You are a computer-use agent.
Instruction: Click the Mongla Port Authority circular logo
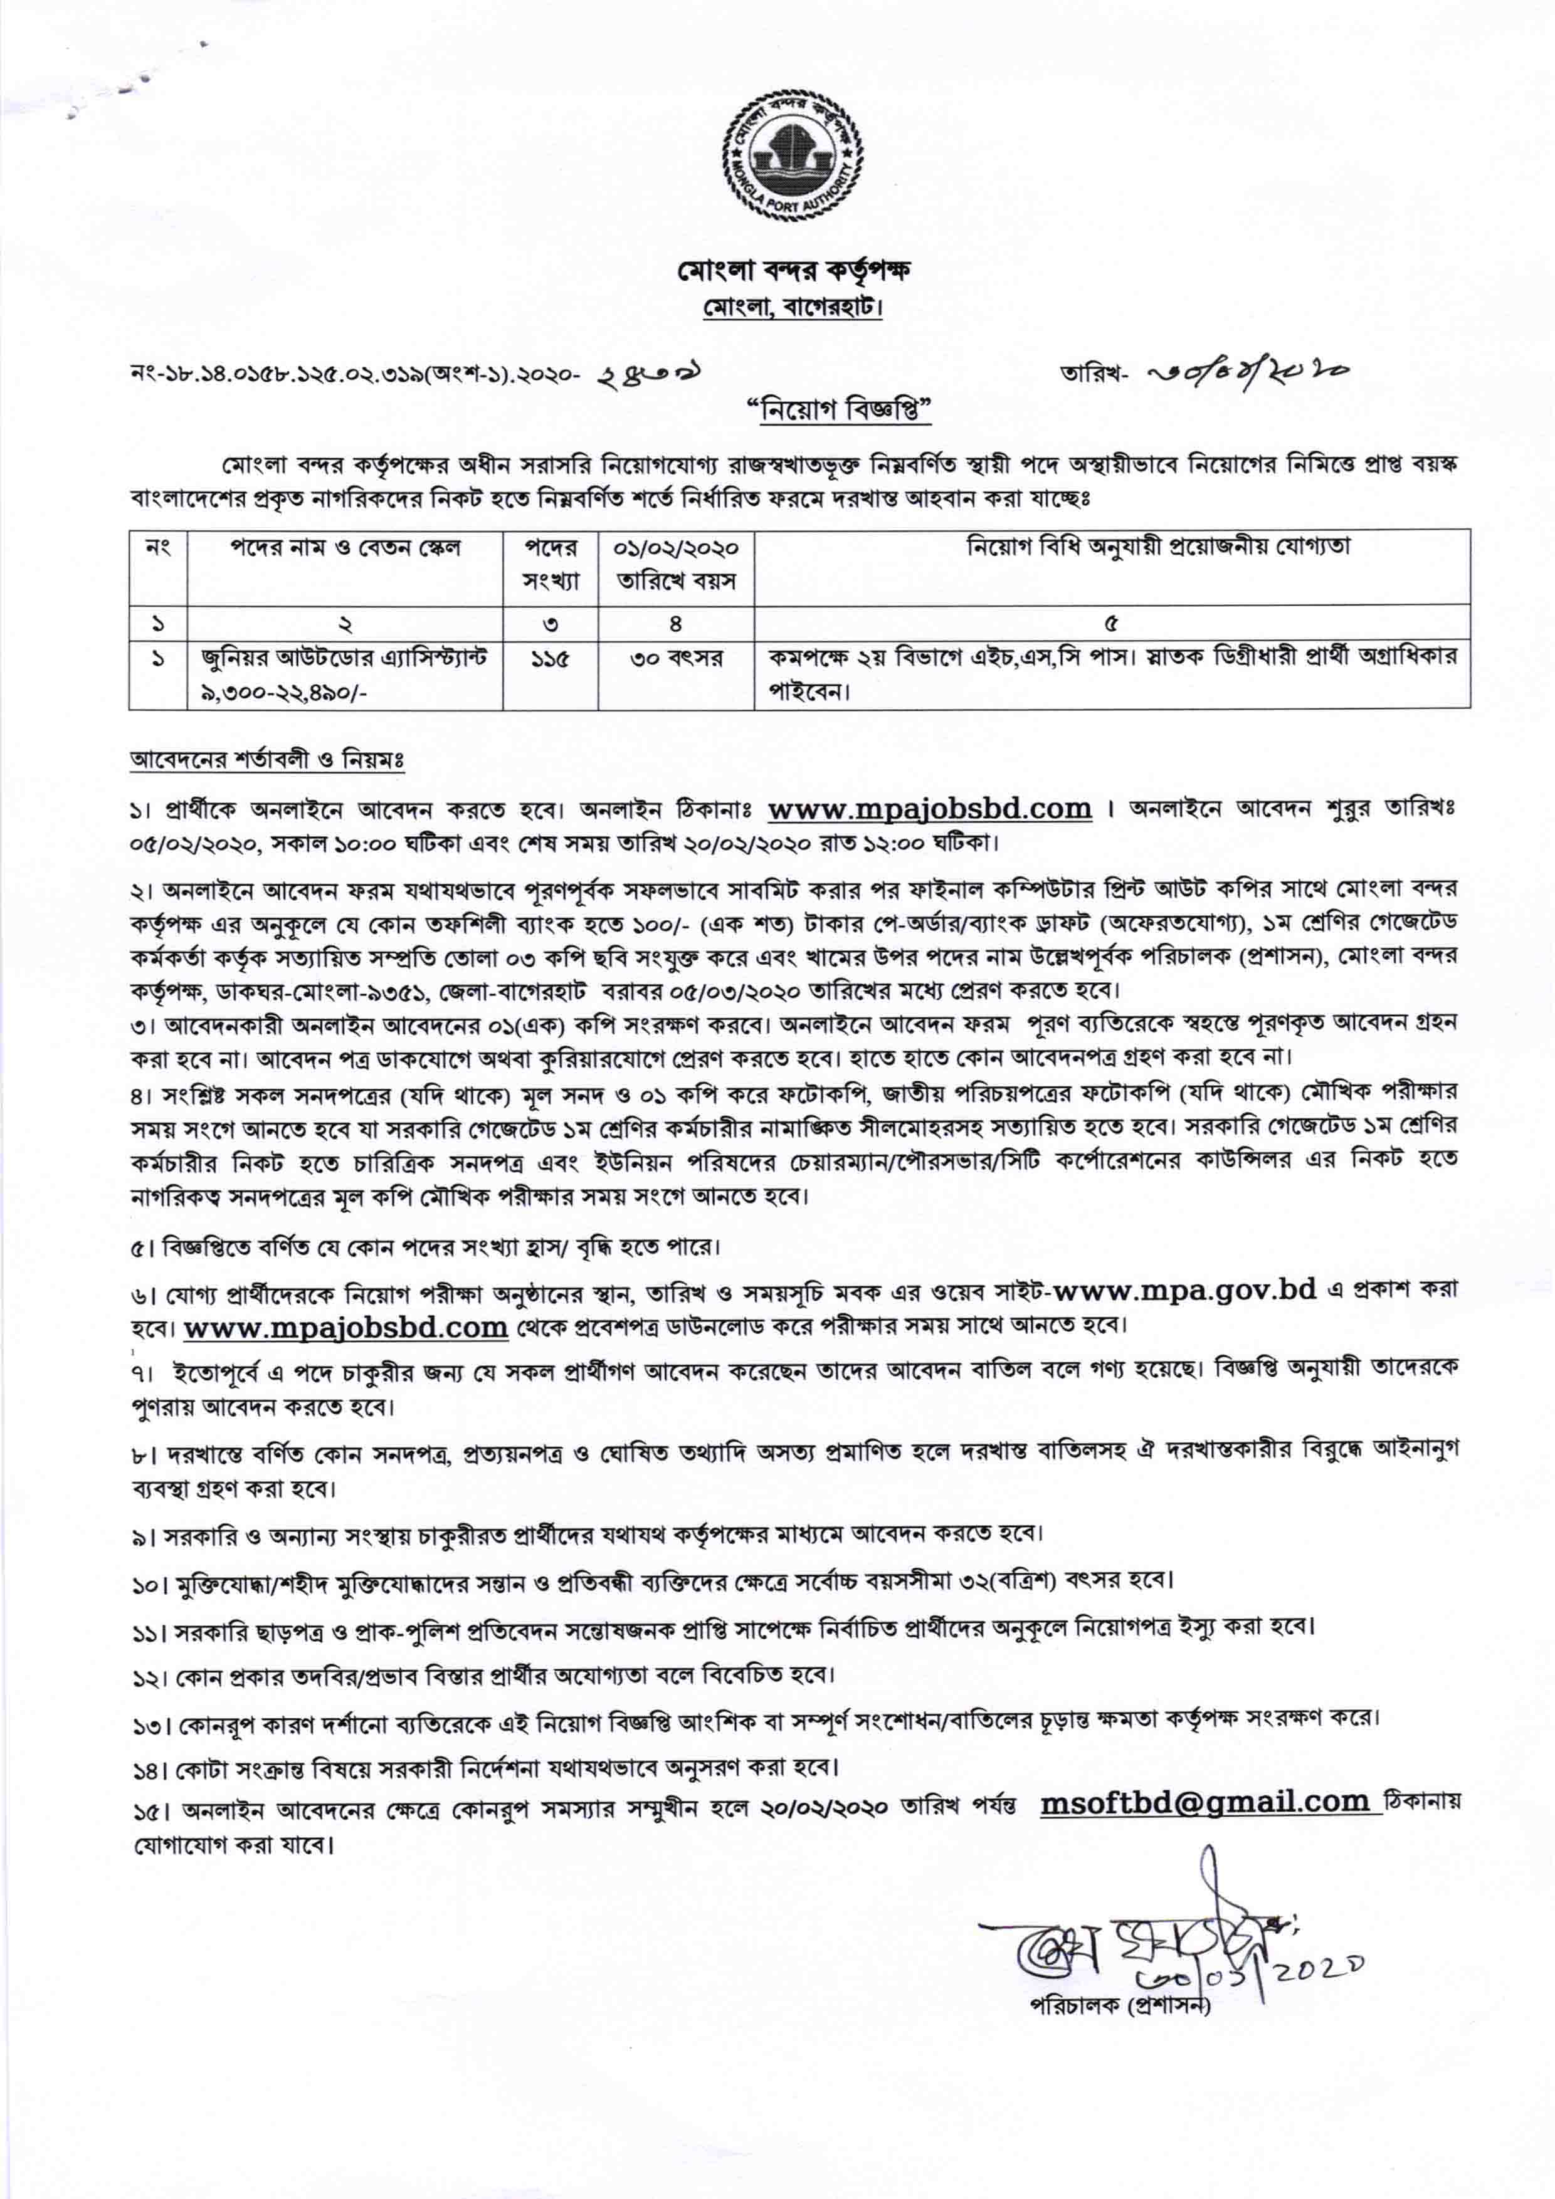(x=793, y=152)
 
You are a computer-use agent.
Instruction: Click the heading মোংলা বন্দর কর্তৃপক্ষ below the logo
(x=793, y=271)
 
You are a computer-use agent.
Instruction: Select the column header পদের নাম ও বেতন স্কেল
(x=345, y=548)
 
